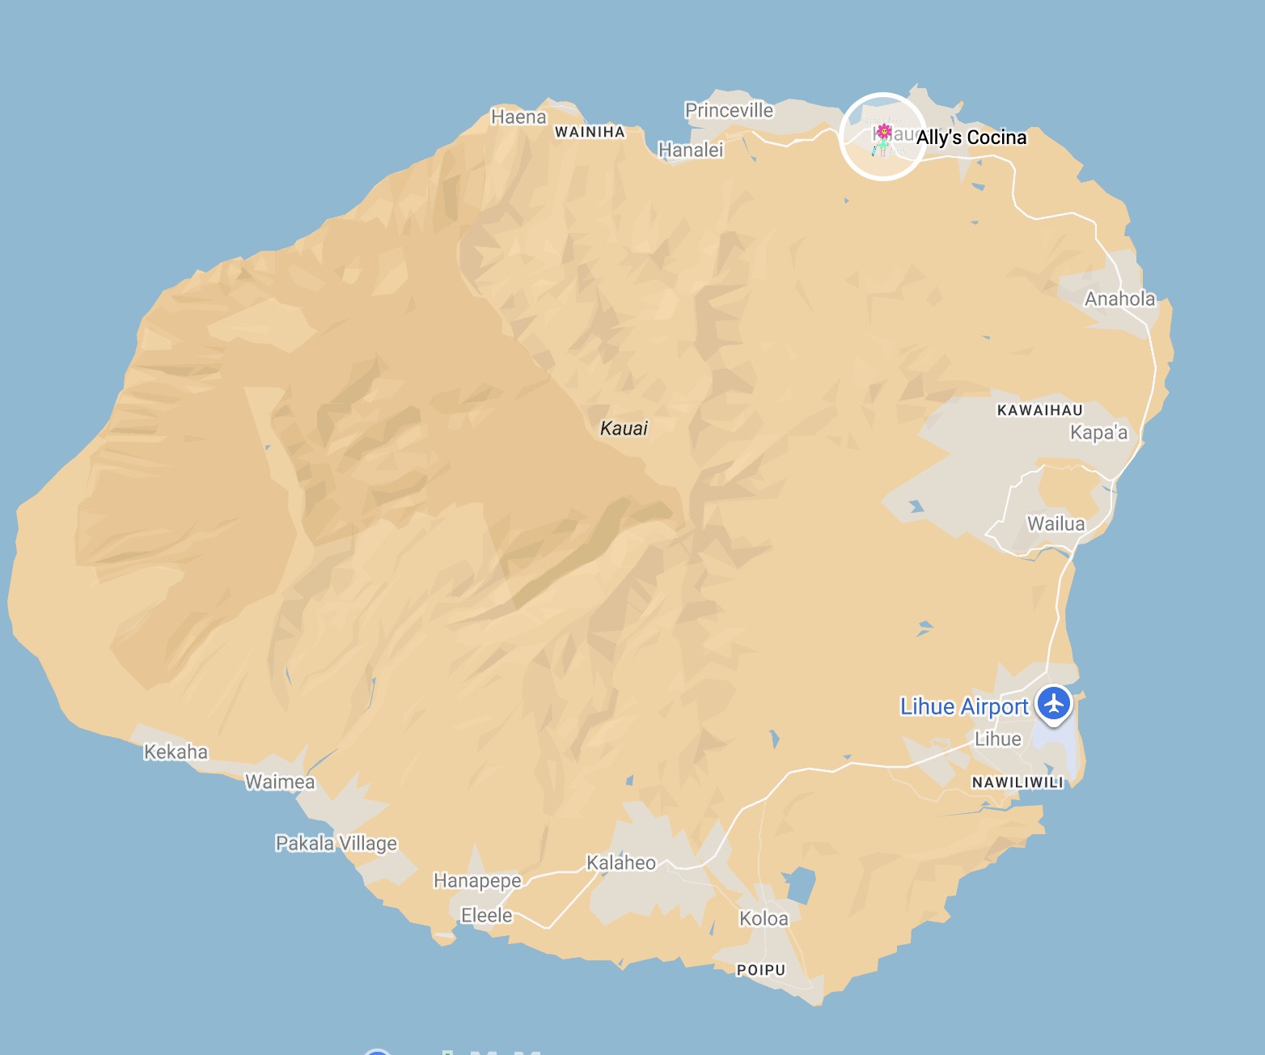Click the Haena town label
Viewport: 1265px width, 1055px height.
518,117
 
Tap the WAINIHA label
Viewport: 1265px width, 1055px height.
590,132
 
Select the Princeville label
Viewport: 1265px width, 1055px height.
729,110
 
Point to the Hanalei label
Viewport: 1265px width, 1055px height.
691,150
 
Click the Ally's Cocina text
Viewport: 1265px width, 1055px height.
971,138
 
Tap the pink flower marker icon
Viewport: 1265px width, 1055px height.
883,131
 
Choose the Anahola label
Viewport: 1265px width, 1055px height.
1119,299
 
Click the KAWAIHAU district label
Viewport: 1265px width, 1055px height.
1039,410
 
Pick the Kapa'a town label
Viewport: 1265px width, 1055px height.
1098,433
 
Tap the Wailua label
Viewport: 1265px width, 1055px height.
1056,523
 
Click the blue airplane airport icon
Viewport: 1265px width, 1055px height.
1053,703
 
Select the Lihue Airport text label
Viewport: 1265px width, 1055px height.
963,706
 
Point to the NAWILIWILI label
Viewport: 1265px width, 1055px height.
1017,782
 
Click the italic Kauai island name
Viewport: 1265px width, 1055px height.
624,428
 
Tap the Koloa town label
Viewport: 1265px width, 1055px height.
764,918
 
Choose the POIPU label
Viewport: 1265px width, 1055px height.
760,970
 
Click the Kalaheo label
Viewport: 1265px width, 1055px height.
620,862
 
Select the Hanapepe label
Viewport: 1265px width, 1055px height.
477,880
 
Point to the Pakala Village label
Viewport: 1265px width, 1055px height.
336,843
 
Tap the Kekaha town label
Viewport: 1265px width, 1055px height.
176,752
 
